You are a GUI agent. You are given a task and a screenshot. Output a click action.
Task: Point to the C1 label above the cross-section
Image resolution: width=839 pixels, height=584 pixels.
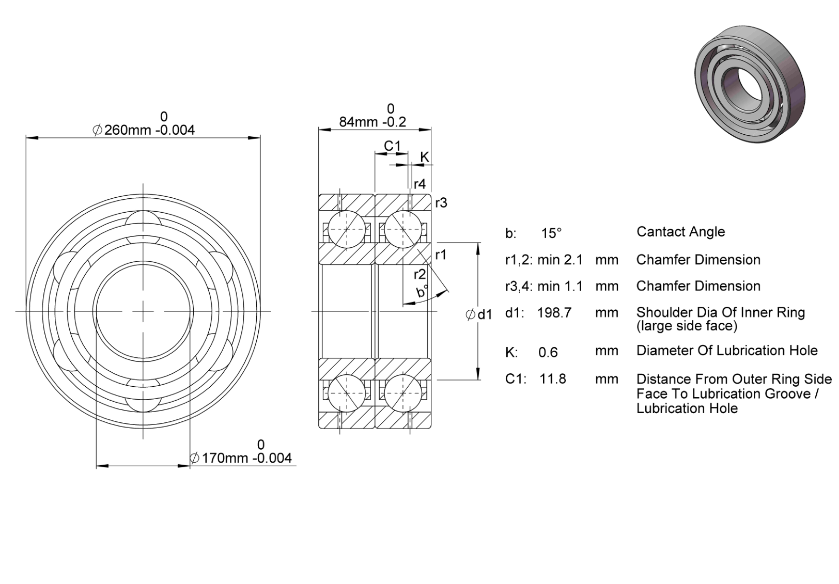pyautogui.click(x=393, y=146)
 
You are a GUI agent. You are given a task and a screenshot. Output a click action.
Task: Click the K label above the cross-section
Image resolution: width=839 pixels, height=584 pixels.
pyautogui.click(x=424, y=157)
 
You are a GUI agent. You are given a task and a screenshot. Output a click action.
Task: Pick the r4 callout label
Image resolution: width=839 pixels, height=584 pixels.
pyautogui.click(x=420, y=184)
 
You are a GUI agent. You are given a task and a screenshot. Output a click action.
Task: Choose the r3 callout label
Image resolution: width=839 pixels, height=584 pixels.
pyautogui.click(x=441, y=203)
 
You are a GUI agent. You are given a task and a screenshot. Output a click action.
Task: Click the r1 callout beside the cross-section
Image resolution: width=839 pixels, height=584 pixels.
pyautogui.click(x=441, y=255)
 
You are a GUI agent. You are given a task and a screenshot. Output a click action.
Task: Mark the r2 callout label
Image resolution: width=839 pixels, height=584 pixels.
pyautogui.click(x=420, y=275)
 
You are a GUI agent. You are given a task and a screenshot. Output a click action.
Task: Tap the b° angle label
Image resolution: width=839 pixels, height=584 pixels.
pyautogui.click(x=422, y=291)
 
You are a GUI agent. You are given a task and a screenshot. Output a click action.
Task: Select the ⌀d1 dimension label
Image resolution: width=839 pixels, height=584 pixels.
pyautogui.click(x=479, y=315)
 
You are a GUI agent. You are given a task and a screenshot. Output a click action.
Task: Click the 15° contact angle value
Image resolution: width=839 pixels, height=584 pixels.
pyautogui.click(x=551, y=233)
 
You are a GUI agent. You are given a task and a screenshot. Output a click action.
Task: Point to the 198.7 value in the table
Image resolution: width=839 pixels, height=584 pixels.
pyautogui.click(x=554, y=312)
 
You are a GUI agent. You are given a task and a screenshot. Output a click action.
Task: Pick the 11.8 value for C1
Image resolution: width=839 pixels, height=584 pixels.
pyautogui.click(x=552, y=379)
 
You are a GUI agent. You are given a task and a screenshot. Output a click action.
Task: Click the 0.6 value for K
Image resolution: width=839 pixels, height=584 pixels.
pyautogui.click(x=548, y=352)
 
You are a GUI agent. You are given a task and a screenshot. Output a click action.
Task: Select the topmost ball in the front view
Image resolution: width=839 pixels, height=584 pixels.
pyautogui.click(x=143, y=223)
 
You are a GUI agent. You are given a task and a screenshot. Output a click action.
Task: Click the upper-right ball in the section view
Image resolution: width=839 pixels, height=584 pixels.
pyautogui.click(x=403, y=229)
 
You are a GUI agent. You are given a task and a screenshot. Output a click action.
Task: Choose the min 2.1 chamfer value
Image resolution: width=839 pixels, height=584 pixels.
pyautogui.click(x=561, y=260)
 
